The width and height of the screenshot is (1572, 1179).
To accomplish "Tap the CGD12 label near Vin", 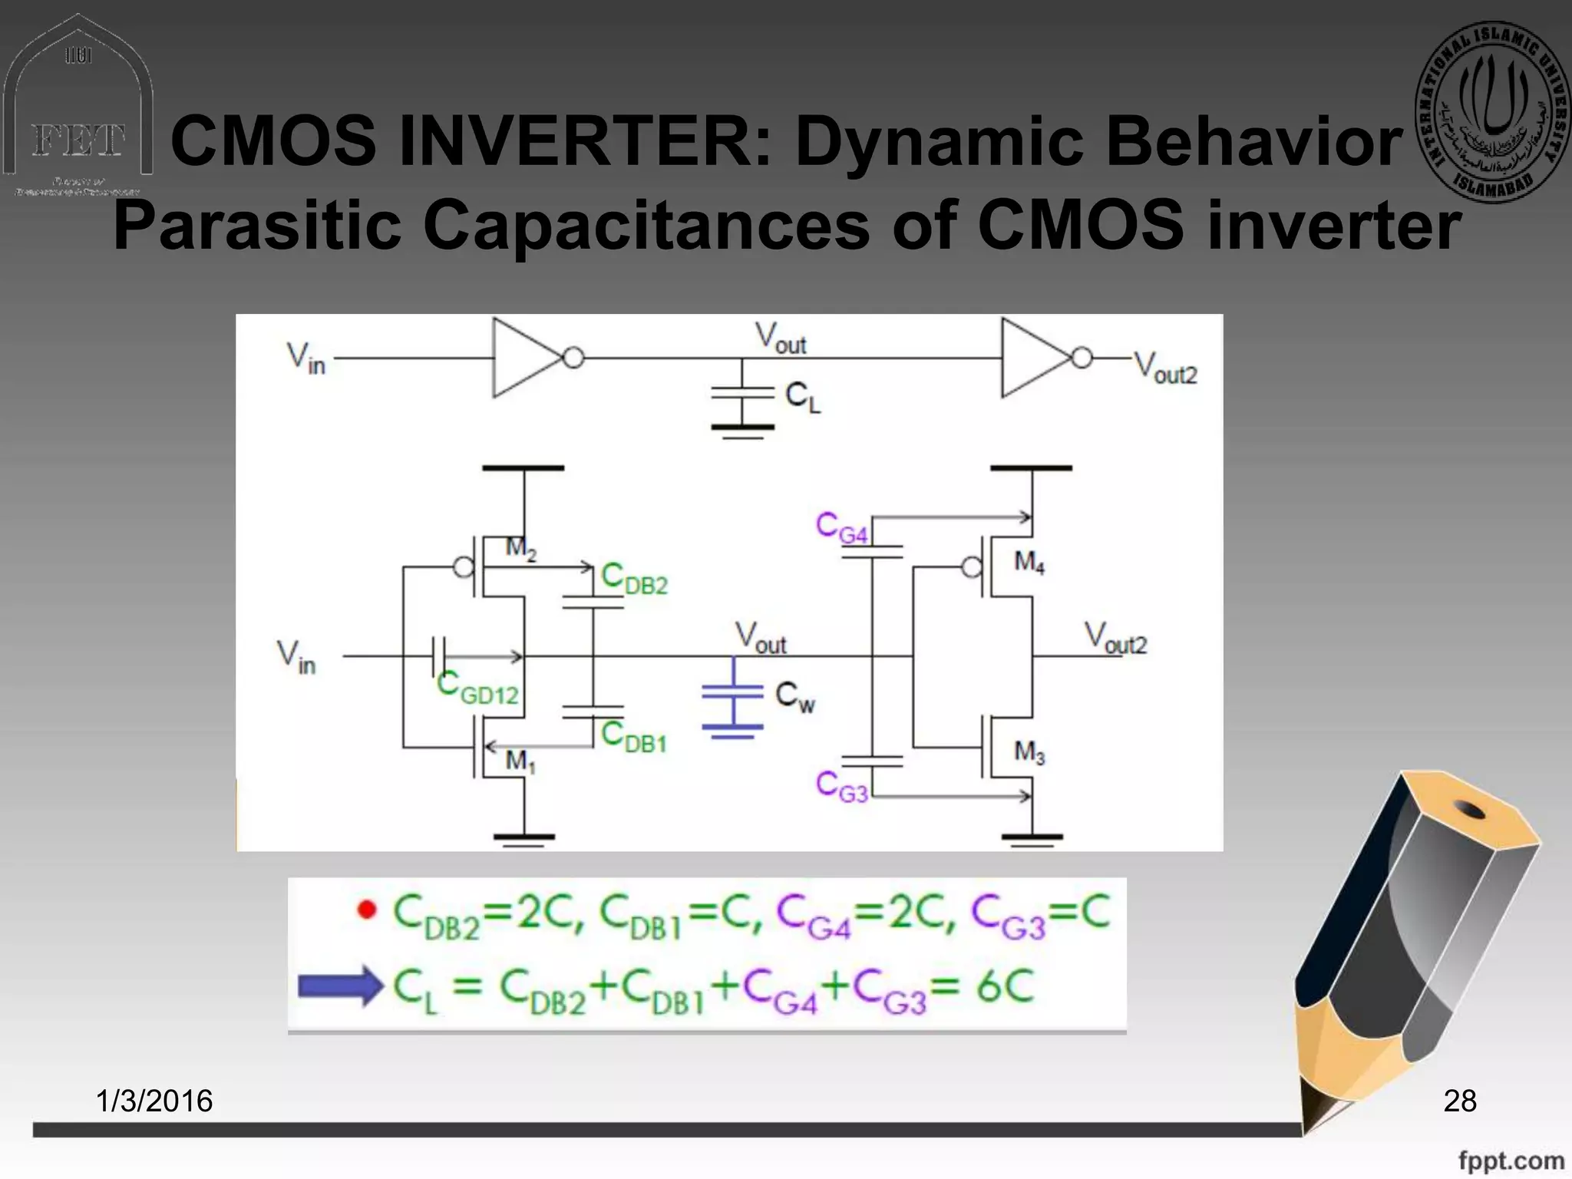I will pos(477,687).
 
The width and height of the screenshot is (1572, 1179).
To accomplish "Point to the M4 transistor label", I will pos(1029,563).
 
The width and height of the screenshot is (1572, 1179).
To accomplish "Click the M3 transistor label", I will pos(1029,751).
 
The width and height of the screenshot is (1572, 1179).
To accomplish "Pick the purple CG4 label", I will pos(841,529).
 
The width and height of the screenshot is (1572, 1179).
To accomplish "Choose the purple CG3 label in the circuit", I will pos(841,786).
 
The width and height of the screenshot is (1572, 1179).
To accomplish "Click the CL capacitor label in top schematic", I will pos(803,398).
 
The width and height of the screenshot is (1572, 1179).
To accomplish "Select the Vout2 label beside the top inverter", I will pos(1165,368).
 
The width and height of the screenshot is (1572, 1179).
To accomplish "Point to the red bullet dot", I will pos(368,910).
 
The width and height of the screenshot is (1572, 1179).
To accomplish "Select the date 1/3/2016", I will pos(154,1101).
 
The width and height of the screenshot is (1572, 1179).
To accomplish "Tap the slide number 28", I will pos(1459,1101).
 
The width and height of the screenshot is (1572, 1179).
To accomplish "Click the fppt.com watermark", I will pos(1511,1161).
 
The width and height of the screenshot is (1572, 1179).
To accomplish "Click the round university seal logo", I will pos(1493,112).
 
